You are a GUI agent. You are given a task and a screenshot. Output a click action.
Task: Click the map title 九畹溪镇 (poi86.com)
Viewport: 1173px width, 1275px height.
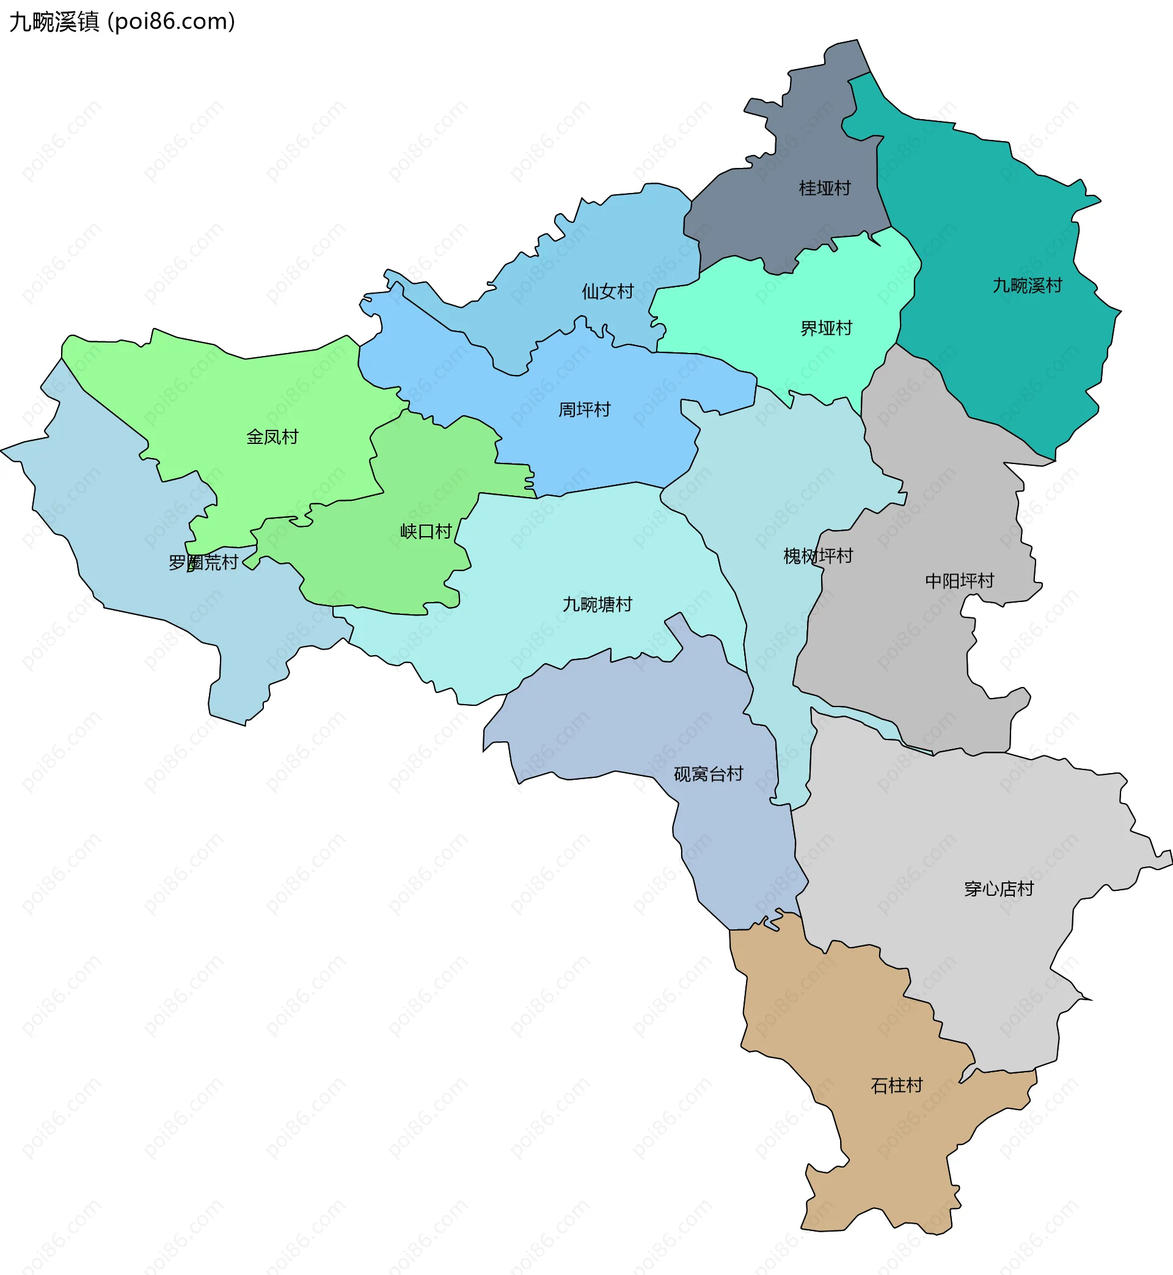point(122,21)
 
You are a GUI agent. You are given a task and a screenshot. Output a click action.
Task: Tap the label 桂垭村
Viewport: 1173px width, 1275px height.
point(825,189)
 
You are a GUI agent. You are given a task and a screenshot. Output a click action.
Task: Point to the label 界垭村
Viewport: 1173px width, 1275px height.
point(826,329)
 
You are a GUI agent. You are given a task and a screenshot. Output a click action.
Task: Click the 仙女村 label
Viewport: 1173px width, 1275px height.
point(607,292)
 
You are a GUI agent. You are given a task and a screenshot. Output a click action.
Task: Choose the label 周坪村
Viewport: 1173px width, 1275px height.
point(584,410)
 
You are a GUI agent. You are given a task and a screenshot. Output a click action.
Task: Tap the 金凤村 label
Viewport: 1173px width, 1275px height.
point(272,437)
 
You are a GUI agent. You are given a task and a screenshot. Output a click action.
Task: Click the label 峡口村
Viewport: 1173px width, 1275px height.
point(425,532)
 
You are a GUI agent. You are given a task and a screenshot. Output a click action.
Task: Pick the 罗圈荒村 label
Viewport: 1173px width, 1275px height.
point(202,562)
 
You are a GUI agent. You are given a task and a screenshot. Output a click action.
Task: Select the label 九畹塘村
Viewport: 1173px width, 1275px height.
point(597,605)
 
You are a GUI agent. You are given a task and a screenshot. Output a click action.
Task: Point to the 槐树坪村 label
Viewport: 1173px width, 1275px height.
point(817,556)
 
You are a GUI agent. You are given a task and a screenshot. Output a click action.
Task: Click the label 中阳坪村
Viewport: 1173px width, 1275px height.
point(959,581)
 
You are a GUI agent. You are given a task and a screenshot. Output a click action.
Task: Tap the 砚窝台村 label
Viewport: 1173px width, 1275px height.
point(707,774)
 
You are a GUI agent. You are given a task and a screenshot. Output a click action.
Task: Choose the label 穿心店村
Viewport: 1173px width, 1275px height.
point(998,888)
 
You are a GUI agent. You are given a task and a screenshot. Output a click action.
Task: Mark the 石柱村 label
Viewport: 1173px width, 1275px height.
point(896,1085)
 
